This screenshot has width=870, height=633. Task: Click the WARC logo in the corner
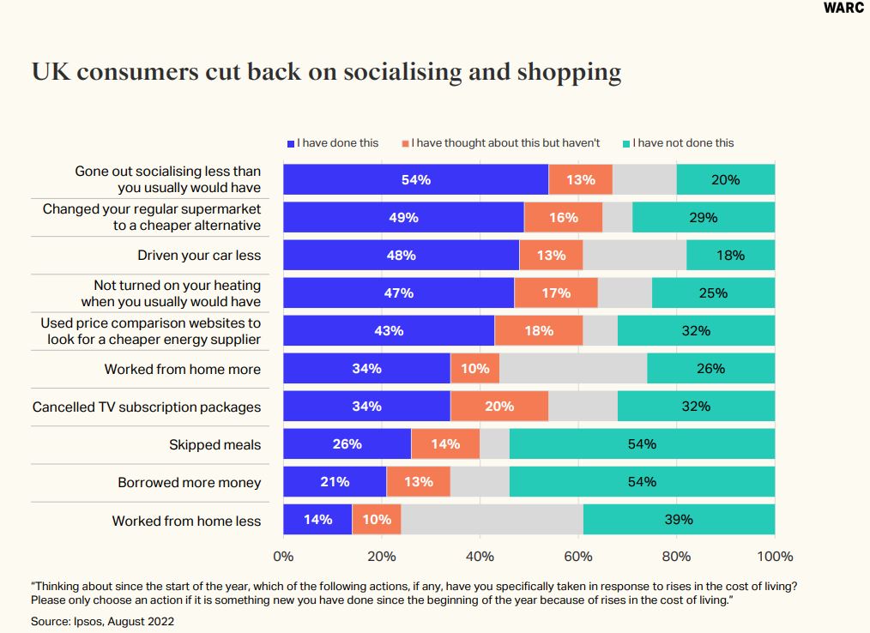tap(843, 9)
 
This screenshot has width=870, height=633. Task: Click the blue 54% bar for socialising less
tap(415, 180)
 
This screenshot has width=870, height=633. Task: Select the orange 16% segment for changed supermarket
tap(563, 218)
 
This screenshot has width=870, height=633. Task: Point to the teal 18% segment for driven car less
tap(730, 256)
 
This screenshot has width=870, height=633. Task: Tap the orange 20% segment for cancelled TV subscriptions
tap(498, 407)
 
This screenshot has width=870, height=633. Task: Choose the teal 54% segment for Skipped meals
tap(642, 444)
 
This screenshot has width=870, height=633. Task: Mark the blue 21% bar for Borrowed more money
tap(335, 482)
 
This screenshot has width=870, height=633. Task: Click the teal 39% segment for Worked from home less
tap(679, 520)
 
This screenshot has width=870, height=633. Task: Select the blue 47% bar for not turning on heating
tap(398, 293)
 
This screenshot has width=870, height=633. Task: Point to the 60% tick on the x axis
tap(578, 557)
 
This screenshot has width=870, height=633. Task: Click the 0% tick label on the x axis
tap(283, 557)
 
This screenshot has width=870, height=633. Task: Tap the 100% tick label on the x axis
tap(774, 557)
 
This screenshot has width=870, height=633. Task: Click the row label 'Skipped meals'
tap(214, 445)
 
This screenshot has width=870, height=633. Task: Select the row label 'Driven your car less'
tap(199, 256)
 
